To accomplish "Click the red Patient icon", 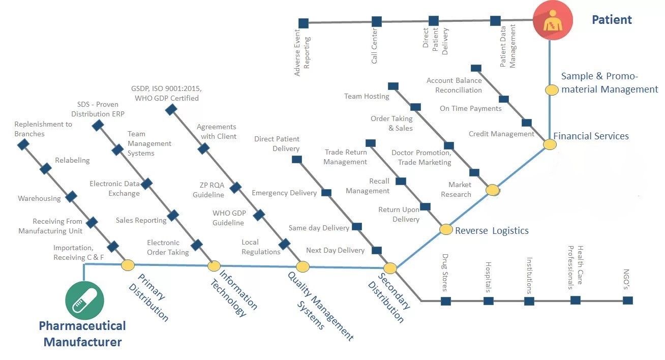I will [553, 21].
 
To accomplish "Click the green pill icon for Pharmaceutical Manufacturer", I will [84, 301].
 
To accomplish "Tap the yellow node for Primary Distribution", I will [127, 265].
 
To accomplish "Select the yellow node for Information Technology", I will [214, 266].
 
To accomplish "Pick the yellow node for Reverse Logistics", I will [446, 229].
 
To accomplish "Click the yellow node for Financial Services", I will [550, 144].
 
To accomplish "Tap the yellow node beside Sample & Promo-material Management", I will [552, 90].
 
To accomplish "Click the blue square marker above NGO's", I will [628, 300].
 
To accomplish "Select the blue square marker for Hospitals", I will [488, 301].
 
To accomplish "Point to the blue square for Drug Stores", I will [446, 301].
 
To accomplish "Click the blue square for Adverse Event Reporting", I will [304, 23].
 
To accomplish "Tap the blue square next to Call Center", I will [377, 21].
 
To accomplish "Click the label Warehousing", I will [39, 198].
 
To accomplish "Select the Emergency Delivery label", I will [284, 193].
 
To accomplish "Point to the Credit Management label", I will [501, 134].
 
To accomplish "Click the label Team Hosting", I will [366, 96].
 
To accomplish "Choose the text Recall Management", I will [368, 186].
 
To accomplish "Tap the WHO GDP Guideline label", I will [228, 218].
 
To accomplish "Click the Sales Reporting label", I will [141, 220].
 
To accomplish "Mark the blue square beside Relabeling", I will [46, 169].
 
